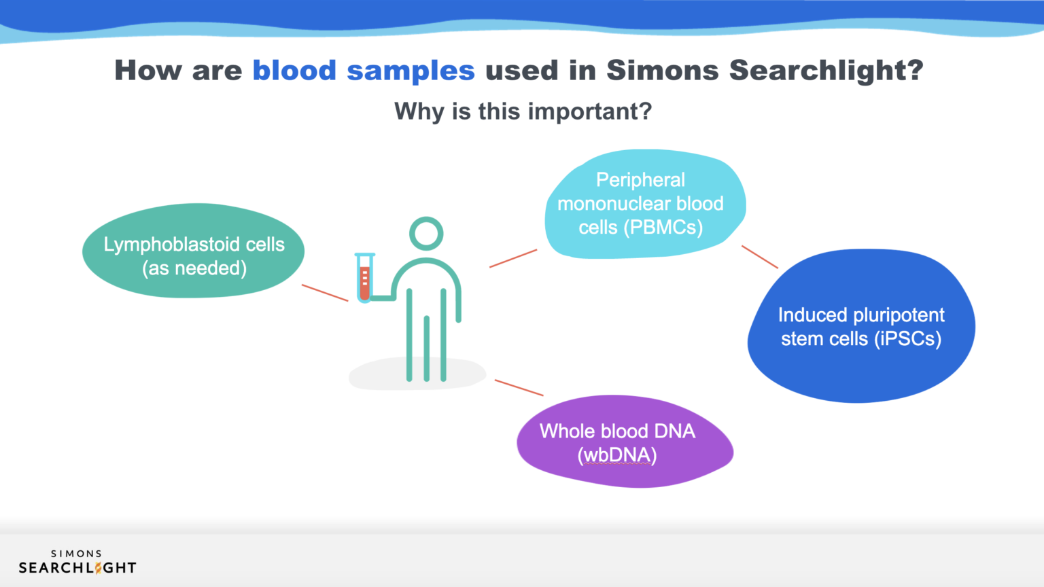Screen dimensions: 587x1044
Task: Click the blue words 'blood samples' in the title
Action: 363,71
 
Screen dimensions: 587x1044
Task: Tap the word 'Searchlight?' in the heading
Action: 826,71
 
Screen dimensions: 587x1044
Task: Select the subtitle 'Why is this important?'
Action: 523,111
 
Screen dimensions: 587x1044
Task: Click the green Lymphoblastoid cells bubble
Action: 193,251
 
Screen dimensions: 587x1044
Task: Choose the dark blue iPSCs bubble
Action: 861,327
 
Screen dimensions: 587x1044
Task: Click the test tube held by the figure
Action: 364,279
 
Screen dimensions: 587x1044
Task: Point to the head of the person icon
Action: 426,234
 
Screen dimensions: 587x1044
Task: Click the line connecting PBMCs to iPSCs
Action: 759,257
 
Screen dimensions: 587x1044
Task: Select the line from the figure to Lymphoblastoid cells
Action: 325,293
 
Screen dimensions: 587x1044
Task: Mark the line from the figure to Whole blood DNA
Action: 519,387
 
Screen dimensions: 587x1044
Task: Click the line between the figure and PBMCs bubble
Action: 513,258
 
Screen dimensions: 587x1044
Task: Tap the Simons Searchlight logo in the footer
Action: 77,563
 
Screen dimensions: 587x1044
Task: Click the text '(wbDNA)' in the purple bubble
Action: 617,455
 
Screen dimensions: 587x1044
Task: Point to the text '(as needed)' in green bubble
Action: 194,268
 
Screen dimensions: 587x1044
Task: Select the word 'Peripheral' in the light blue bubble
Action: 640,180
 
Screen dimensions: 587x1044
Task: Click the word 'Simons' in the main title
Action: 662,71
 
